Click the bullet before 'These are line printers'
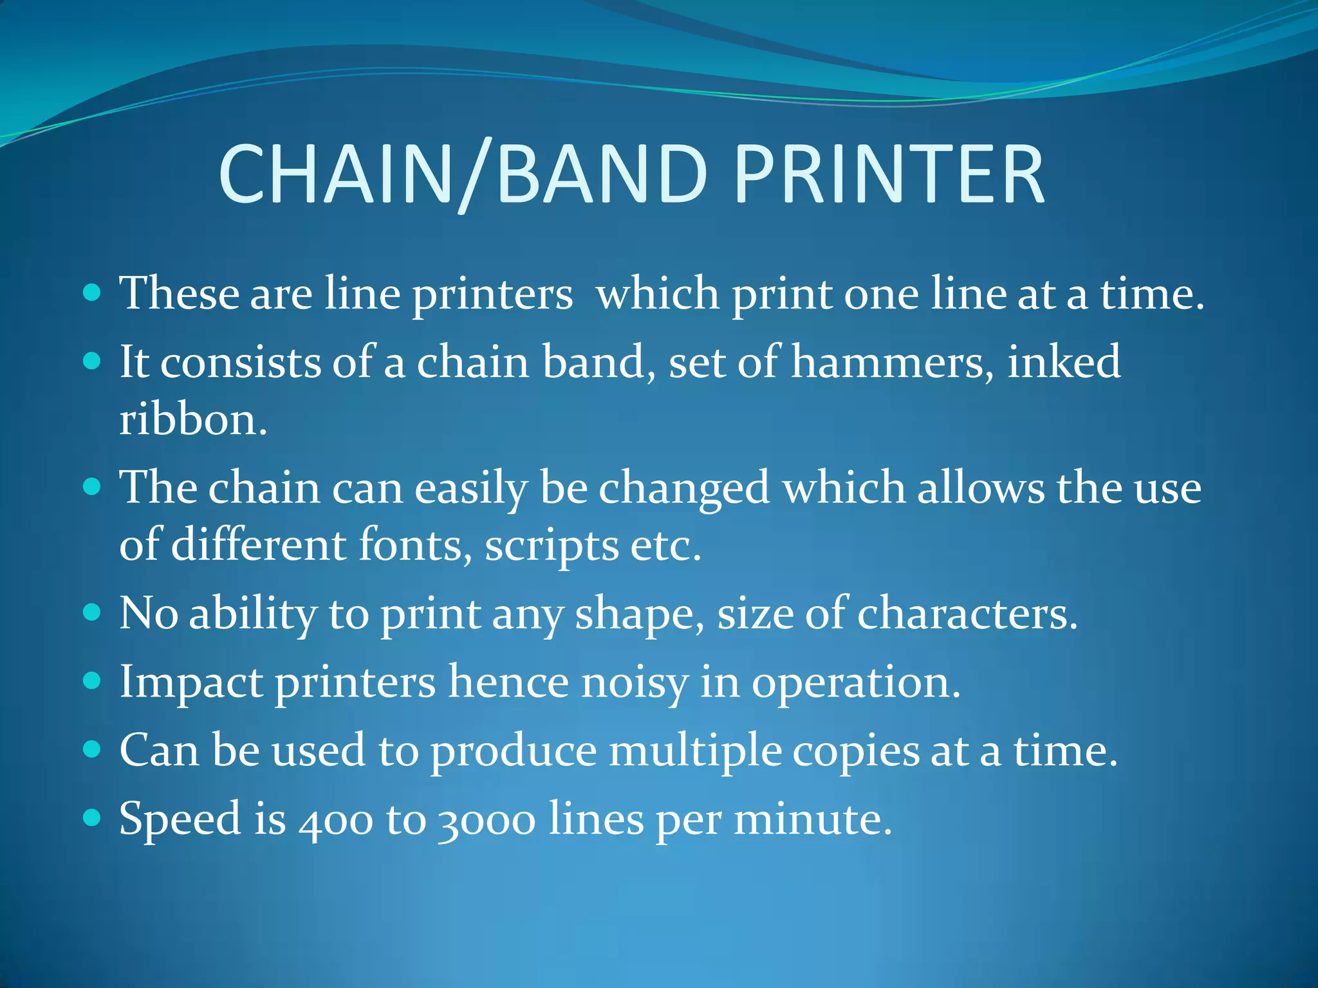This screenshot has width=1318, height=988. tap(93, 293)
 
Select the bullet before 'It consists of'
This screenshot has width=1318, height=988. tap(93, 361)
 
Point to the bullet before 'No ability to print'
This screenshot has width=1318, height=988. tap(93, 612)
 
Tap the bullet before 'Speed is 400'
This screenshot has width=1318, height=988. tap(93, 818)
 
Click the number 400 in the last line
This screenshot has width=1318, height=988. tap(335, 821)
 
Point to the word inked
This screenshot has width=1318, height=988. tap(1063, 361)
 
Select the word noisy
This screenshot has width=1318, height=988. tap(634, 683)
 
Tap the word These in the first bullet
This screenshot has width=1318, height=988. tap(179, 293)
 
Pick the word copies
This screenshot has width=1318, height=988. tap(856, 751)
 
